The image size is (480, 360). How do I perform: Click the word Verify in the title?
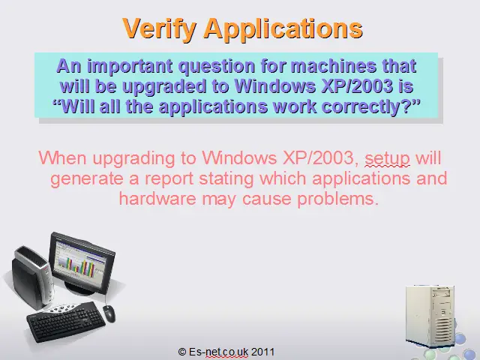159,28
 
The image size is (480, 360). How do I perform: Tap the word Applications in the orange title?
283,28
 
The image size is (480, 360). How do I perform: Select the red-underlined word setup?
387,158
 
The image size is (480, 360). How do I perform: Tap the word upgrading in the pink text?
133,158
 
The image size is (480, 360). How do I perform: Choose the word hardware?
157,198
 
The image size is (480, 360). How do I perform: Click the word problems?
338,199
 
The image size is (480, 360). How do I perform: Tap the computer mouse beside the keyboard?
109,313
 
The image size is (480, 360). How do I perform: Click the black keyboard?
66,322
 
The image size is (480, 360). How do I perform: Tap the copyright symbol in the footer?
182,352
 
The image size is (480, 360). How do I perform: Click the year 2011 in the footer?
262,352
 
